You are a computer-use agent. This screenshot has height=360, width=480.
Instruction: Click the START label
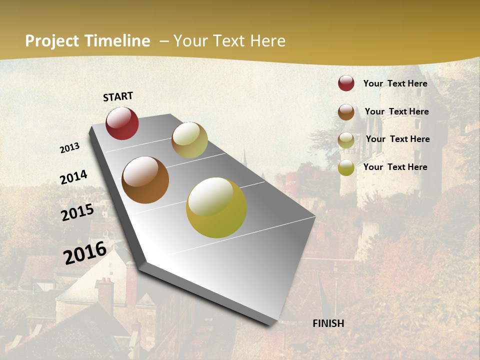(118, 96)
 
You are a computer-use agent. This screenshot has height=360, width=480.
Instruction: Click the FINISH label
(328, 323)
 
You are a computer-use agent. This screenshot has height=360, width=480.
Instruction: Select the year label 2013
(69, 148)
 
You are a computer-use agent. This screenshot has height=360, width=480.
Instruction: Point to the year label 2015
(77, 212)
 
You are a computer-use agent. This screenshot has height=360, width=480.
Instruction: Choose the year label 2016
(85, 252)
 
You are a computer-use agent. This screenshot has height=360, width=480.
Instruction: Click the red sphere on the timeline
(122, 123)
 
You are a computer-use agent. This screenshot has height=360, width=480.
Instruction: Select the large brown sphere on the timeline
(145, 180)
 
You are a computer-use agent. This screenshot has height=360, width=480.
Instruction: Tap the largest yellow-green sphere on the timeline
(216, 207)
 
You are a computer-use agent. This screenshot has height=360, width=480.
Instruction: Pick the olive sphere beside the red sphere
(189, 140)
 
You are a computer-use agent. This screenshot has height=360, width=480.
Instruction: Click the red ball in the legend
(346, 83)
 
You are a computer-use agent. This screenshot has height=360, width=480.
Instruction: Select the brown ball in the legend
(346, 112)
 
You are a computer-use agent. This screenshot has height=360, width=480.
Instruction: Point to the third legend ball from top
(346, 140)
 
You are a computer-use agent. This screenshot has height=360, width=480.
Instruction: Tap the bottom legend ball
(346, 167)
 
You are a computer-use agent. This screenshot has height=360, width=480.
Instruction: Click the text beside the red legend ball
(395, 83)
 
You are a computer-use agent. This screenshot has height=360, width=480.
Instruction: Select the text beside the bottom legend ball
(395, 167)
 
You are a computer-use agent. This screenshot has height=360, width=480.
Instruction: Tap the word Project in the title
(52, 41)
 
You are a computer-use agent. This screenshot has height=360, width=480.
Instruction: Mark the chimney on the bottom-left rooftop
(105, 295)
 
